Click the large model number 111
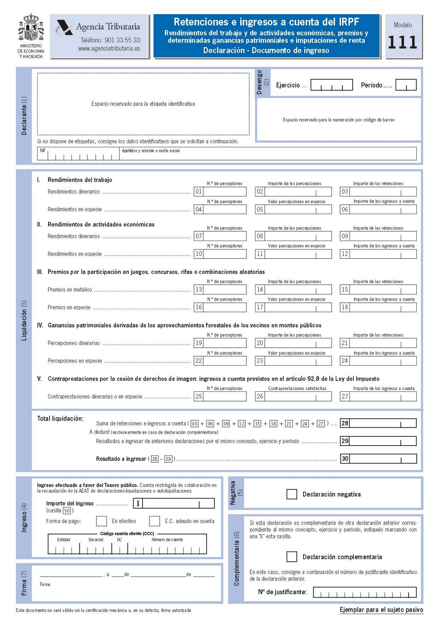[x=402, y=42]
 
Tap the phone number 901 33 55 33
[x=110, y=40]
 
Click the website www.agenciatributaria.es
[x=109, y=49]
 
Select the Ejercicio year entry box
[x=332, y=85]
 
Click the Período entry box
[x=406, y=85]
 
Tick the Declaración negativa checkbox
[x=292, y=494]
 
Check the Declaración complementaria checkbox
[x=292, y=557]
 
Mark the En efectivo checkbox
[x=102, y=521]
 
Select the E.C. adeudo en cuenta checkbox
[x=155, y=521]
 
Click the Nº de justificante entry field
[x=365, y=592]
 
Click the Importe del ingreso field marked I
[x=174, y=504]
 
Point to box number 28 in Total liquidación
[x=378, y=423]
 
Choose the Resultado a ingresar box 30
[x=378, y=459]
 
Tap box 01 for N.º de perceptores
[x=220, y=191]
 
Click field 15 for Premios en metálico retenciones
[x=378, y=289]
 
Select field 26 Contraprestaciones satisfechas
[x=293, y=396]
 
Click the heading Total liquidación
[x=60, y=419]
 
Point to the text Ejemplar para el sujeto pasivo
[x=381, y=610]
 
